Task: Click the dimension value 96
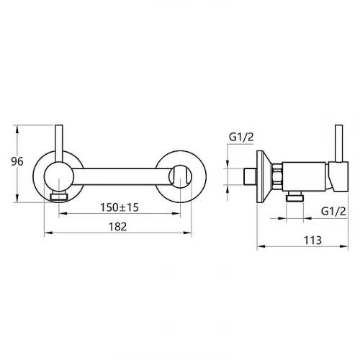[x=17, y=161]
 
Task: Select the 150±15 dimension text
[x=120, y=207]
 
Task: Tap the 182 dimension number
[x=117, y=227]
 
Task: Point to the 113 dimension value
[x=312, y=240]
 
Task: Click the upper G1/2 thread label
[x=241, y=138]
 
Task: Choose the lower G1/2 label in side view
[x=333, y=212]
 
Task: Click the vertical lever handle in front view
[x=59, y=144]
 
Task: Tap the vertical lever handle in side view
[x=338, y=143]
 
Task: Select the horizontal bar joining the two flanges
[x=121, y=176]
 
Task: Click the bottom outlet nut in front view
[x=59, y=197]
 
